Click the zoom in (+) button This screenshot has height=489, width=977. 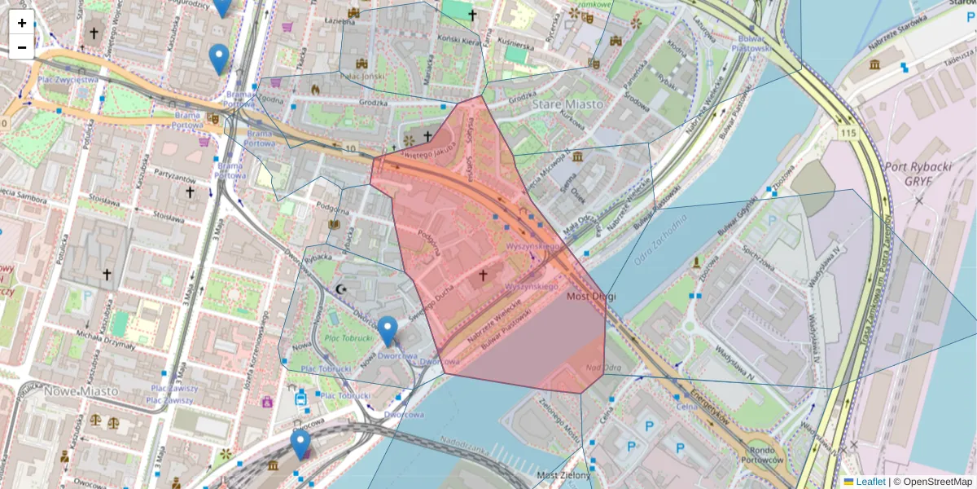click(22, 23)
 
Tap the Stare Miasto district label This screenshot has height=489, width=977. click(567, 104)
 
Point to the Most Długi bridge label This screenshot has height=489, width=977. click(591, 297)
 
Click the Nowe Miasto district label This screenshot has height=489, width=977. click(81, 391)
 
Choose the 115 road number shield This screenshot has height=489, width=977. click(851, 132)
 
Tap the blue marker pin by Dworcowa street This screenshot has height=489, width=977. click(388, 331)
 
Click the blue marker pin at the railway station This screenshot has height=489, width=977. click(300, 444)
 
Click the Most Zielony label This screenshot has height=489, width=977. click(558, 474)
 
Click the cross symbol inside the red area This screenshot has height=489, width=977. click(482, 276)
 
